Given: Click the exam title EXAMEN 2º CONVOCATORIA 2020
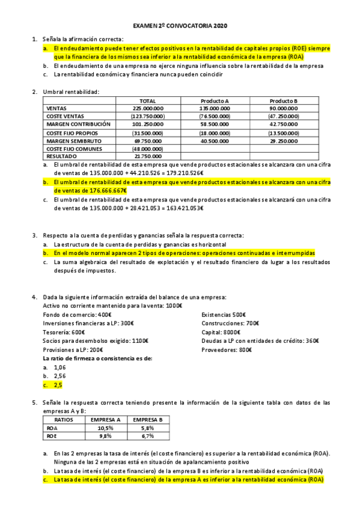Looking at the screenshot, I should (180, 26).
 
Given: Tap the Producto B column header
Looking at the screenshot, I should (284, 100).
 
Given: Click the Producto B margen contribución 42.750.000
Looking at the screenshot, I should (284, 124).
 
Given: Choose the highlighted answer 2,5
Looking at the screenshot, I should (58, 384).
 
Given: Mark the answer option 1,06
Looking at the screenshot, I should (59, 367).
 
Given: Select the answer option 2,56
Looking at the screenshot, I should (59, 375).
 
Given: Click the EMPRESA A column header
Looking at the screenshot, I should (105, 419).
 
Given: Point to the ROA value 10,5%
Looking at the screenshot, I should (105, 428).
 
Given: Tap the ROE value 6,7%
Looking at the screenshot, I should (148, 436).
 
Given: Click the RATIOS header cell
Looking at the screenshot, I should (64, 419).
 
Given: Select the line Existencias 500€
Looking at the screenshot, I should (224, 315).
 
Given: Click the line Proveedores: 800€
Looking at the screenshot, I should (227, 349).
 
